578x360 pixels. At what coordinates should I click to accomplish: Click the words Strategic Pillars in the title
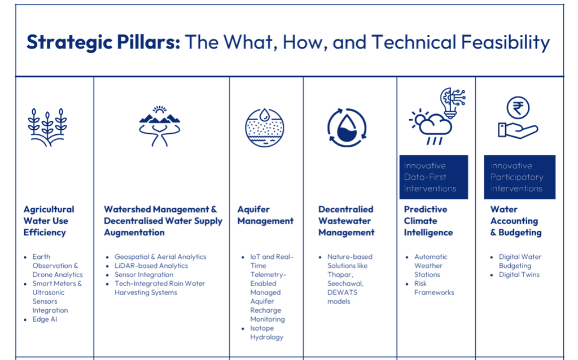pos(103,42)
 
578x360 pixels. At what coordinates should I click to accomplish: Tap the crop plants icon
pos(47,128)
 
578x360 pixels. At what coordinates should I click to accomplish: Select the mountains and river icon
pos(160,126)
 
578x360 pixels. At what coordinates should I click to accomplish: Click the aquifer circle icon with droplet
pos(264,128)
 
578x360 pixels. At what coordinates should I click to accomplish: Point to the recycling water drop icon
pos(347,128)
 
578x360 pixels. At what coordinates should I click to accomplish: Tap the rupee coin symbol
pos(518,108)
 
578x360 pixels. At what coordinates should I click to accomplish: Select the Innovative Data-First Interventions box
pos(433,177)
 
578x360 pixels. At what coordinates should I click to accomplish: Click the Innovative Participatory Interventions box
pos(519,177)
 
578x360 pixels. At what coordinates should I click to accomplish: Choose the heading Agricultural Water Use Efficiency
pos(49,221)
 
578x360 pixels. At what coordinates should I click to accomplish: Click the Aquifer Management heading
pos(265,215)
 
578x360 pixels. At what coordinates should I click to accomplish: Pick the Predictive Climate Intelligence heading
pos(428,221)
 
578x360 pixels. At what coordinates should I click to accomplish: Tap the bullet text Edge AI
pos(45,319)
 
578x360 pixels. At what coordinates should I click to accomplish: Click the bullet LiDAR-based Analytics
pos(151,266)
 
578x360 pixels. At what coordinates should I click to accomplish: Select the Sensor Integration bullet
pos(144,274)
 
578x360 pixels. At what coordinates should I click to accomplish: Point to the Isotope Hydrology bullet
pos(266,333)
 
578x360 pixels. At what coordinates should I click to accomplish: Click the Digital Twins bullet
pos(519,274)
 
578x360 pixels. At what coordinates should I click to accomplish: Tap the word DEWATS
pos(343,292)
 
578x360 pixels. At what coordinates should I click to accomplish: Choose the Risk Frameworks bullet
pos(434,288)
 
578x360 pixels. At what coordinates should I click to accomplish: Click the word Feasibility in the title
pos(505,42)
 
